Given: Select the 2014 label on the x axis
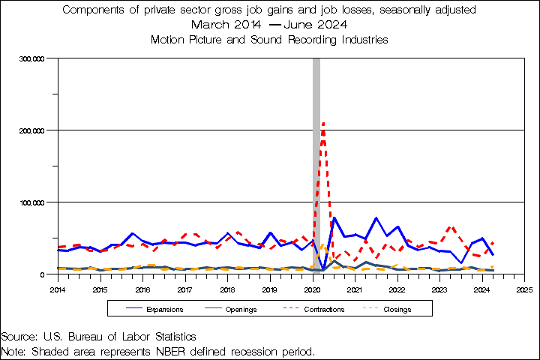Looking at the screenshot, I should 57,289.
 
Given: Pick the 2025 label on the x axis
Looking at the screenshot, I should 524,289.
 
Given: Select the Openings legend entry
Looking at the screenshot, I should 241,309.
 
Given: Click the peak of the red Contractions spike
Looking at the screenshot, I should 323,122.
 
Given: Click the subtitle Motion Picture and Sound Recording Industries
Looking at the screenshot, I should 269,38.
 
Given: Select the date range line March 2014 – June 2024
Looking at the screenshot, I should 269,24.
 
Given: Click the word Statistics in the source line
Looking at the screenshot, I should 170,337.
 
